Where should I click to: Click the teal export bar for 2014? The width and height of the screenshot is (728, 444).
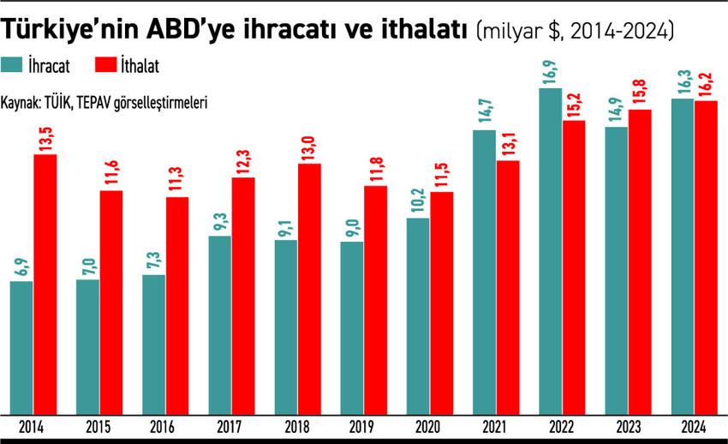21,346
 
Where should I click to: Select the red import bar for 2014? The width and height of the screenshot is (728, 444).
45,283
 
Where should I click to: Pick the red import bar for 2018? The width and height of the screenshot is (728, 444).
308,287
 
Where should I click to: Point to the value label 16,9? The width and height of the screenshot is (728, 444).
551,74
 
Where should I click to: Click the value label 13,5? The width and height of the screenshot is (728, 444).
45,138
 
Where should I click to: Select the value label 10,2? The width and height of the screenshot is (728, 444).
418,201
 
